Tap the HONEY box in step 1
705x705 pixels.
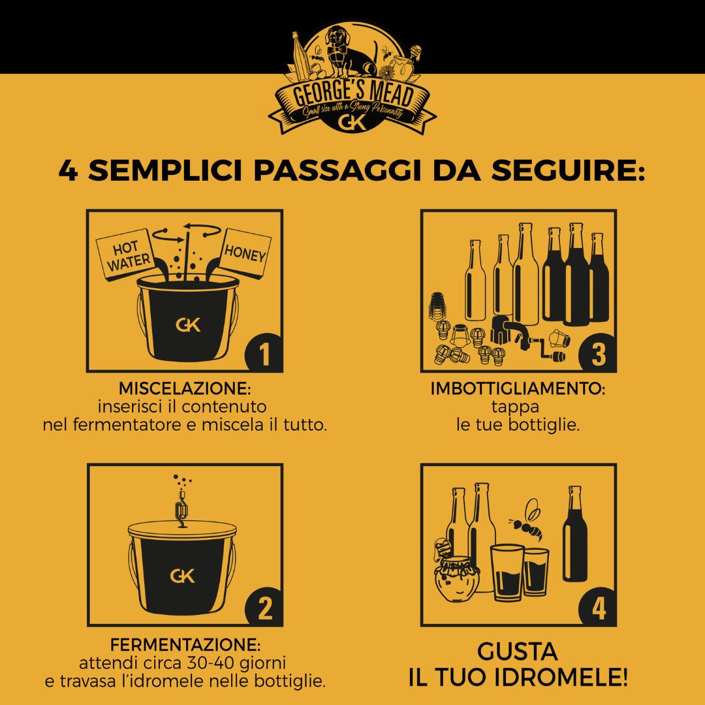[x=245, y=253]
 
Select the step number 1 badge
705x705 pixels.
[x=264, y=354]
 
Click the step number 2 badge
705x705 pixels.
[x=264, y=608]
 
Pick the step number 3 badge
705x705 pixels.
[x=597, y=354]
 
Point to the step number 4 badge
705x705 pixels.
[x=597, y=608]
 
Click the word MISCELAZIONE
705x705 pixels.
[x=185, y=388]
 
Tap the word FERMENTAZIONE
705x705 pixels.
[x=185, y=646]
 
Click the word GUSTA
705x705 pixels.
[x=518, y=651]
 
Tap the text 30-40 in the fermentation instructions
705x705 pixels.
[x=211, y=664]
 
